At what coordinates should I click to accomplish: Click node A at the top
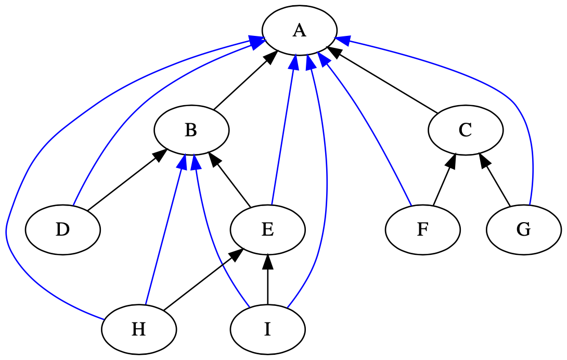point(299,31)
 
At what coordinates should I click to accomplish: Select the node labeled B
point(191,130)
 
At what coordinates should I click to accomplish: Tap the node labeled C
point(465,130)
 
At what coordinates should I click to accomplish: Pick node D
point(62,229)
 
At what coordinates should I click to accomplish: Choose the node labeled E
point(267,229)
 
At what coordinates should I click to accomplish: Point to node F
point(422,229)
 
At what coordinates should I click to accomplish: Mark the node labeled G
point(523,229)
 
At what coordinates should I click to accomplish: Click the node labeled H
point(138,329)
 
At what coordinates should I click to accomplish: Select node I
point(267,329)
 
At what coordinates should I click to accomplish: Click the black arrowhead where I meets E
point(267,262)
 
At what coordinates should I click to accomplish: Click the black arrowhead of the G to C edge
point(484,161)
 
